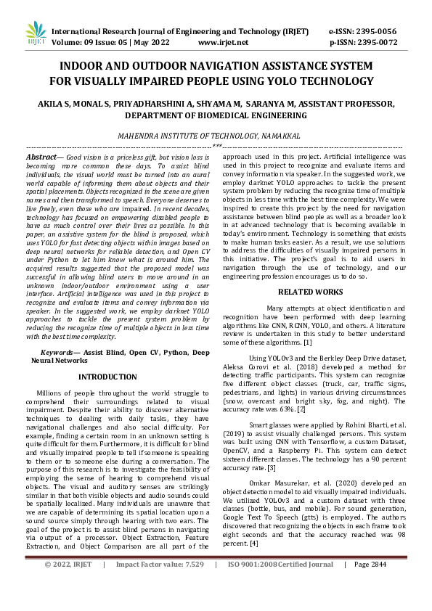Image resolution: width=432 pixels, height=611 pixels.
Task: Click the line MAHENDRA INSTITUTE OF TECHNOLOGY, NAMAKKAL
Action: (216, 135)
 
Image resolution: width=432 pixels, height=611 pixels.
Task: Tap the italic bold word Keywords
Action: (59, 351)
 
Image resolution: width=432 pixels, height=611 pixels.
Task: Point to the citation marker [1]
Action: (308, 342)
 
